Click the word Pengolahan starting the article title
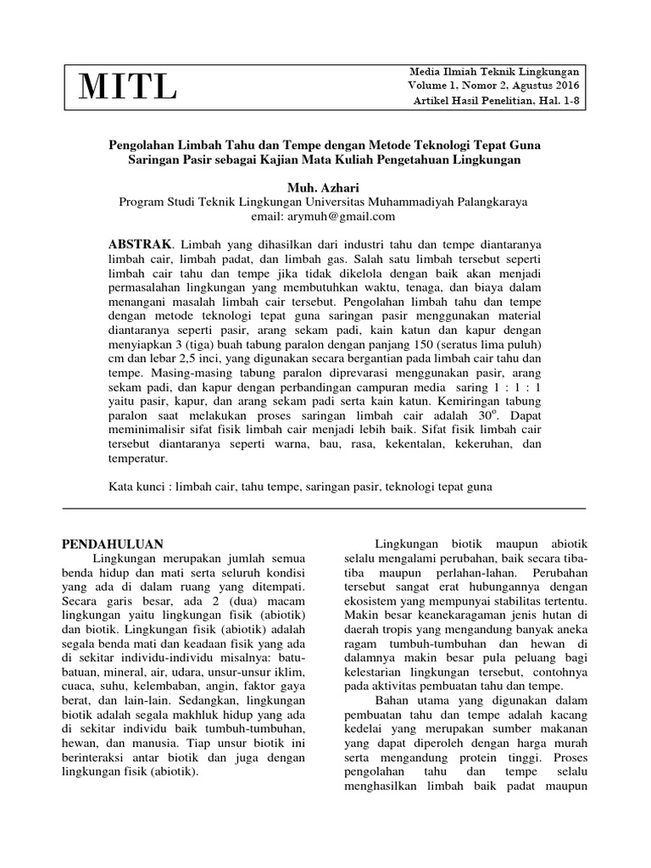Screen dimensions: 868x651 146,145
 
